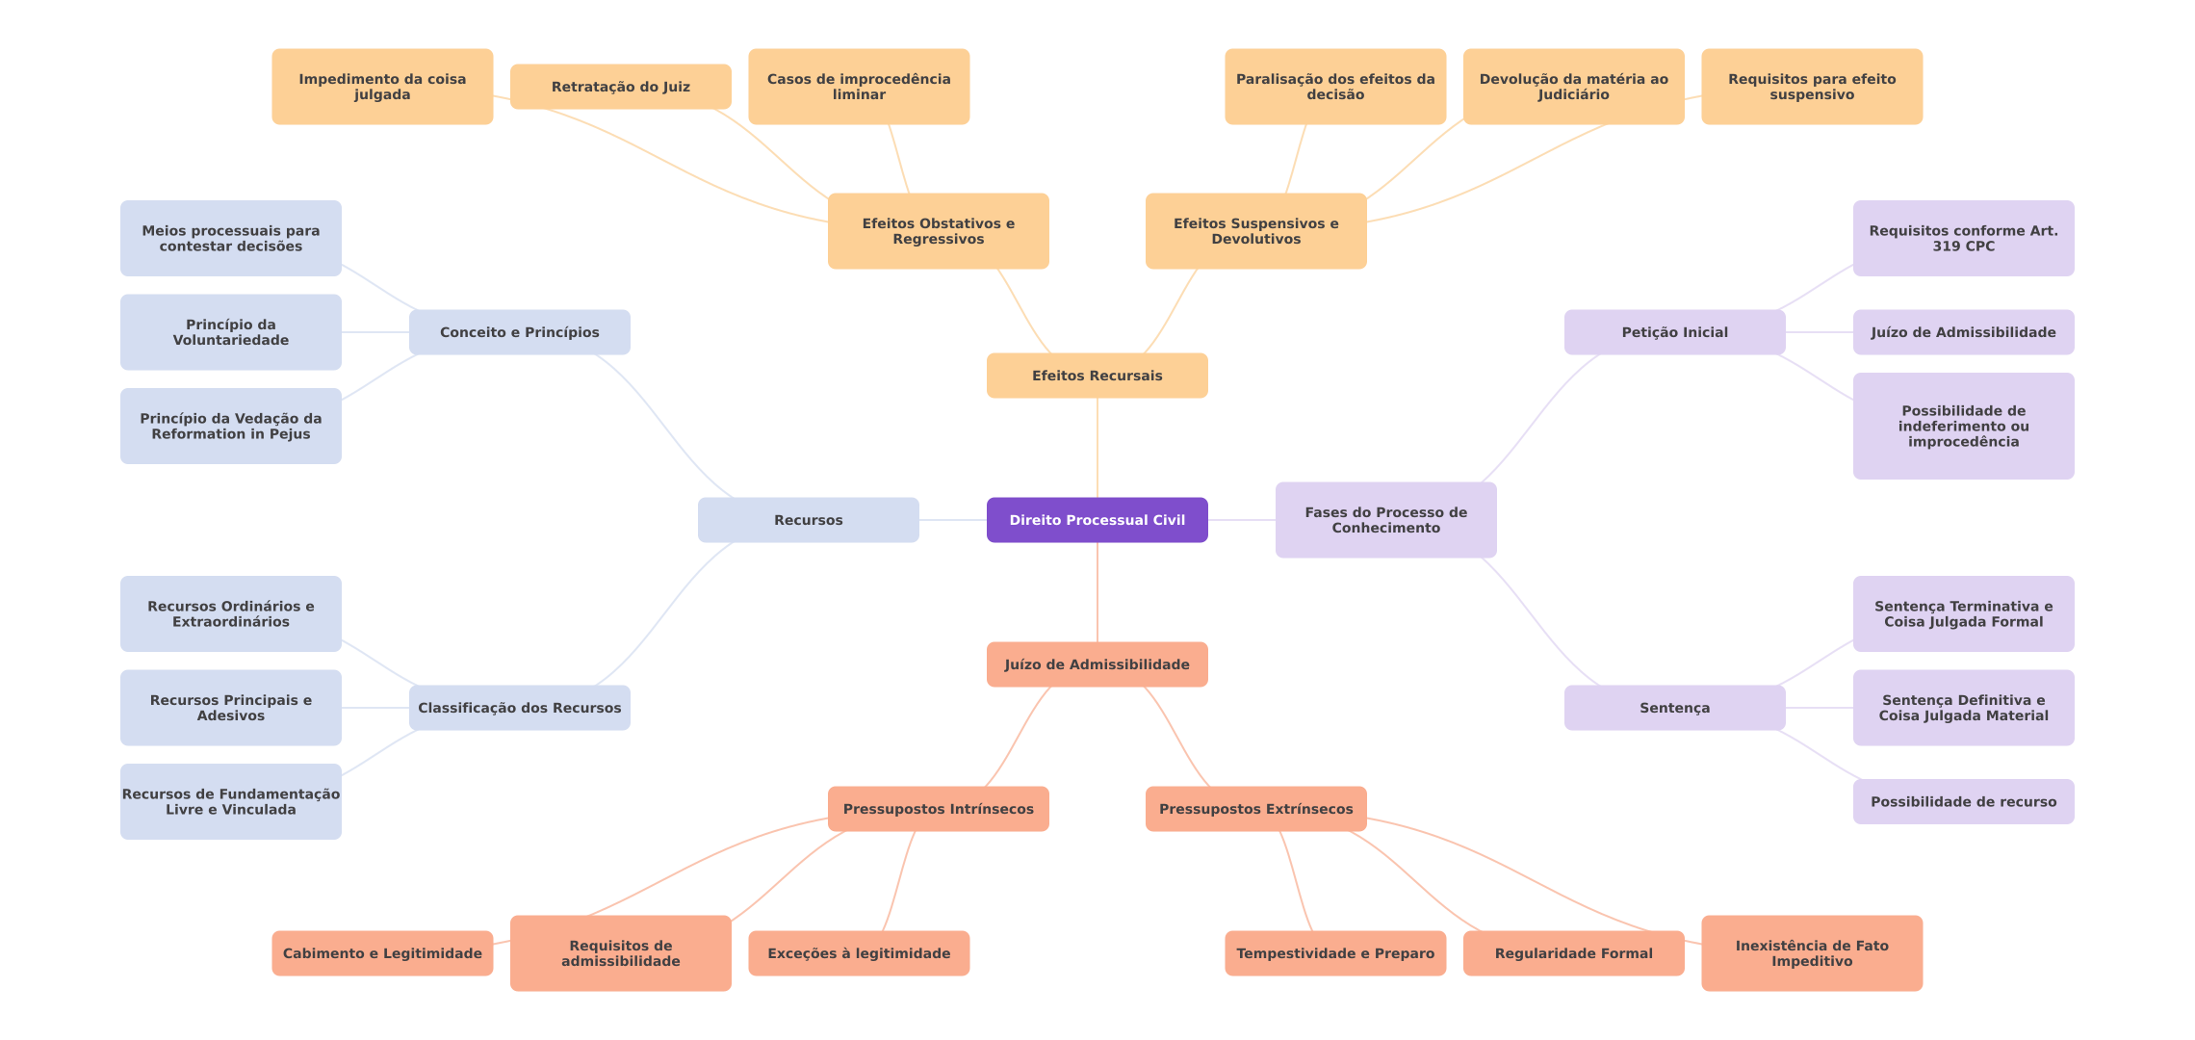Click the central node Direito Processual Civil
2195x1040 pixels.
coord(1097,520)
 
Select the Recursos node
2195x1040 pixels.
coord(808,520)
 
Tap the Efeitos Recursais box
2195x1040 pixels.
coord(1097,376)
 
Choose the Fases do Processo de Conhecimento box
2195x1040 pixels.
coord(1385,520)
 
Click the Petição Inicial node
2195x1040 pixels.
coord(1674,332)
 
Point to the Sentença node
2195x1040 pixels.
coord(1674,708)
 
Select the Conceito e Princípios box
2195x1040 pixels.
coord(519,332)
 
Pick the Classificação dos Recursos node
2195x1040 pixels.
coord(519,708)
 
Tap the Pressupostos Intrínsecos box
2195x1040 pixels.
coord(938,809)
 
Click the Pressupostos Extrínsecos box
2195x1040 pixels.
coord(1255,809)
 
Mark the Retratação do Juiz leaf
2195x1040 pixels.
coord(620,87)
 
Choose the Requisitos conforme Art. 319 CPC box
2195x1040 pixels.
coord(1963,239)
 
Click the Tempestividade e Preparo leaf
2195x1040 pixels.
coord(1334,953)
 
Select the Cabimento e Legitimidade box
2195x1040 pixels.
coord(382,953)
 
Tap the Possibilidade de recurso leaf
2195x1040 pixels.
coord(1963,801)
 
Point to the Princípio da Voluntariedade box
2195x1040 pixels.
coord(230,332)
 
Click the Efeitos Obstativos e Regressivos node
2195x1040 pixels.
coord(938,231)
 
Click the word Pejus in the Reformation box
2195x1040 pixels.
coord(290,434)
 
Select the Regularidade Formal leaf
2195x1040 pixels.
coord(1573,953)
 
